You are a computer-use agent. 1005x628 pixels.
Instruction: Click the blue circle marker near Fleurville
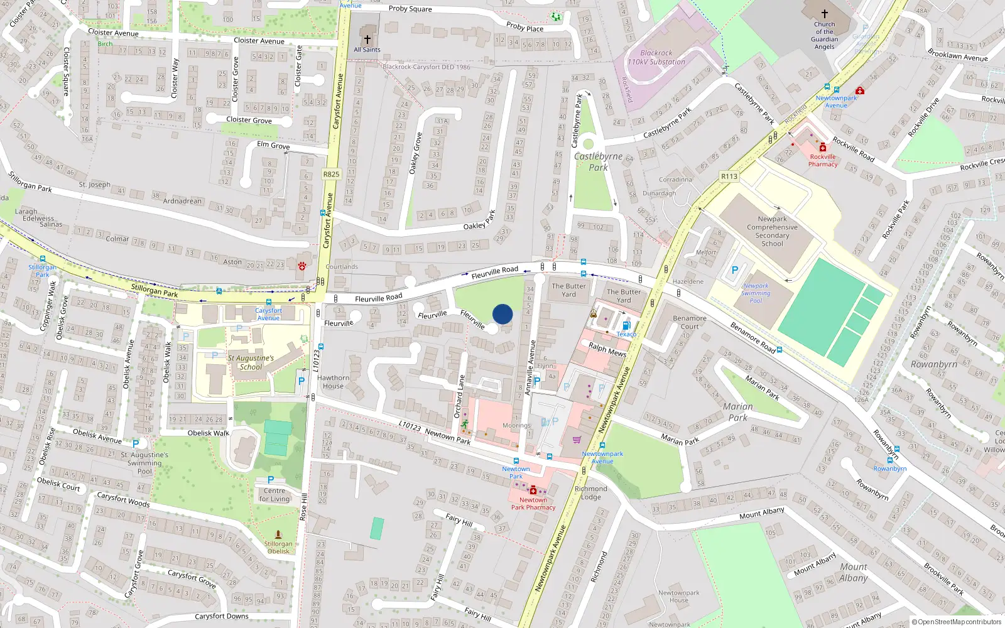tap(503, 314)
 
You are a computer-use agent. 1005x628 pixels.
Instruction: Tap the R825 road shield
tap(331, 174)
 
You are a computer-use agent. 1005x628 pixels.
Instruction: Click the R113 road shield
tap(729, 176)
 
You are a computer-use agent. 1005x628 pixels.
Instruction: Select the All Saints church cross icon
tap(367, 40)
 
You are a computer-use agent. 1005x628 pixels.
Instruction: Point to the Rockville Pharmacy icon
tap(823, 147)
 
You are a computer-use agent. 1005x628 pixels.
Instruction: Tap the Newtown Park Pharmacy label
tap(533, 504)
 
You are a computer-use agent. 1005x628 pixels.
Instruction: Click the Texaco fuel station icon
tap(626, 325)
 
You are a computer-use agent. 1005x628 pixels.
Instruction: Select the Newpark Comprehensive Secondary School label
tap(772, 231)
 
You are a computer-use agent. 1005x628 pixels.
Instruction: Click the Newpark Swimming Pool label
tap(756, 293)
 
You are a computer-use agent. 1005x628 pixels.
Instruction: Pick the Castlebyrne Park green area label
tap(598, 162)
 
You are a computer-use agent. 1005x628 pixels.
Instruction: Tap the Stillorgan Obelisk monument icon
tap(278, 534)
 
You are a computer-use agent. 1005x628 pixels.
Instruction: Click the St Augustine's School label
tap(251, 362)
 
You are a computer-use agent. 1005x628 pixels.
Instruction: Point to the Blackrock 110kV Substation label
tap(656, 58)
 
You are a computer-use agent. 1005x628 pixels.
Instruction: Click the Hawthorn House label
tap(333, 382)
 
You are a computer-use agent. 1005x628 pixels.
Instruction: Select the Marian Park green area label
tap(737, 412)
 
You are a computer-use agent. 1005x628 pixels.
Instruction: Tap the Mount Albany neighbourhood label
tap(853, 572)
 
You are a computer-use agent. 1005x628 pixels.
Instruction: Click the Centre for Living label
tap(274, 495)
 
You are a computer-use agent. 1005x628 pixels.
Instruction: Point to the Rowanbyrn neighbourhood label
tap(933, 364)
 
